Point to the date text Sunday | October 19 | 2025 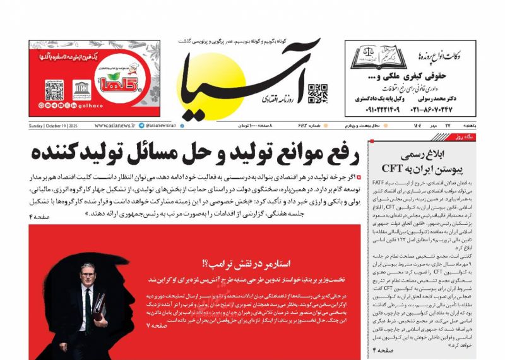(x=57, y=126)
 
